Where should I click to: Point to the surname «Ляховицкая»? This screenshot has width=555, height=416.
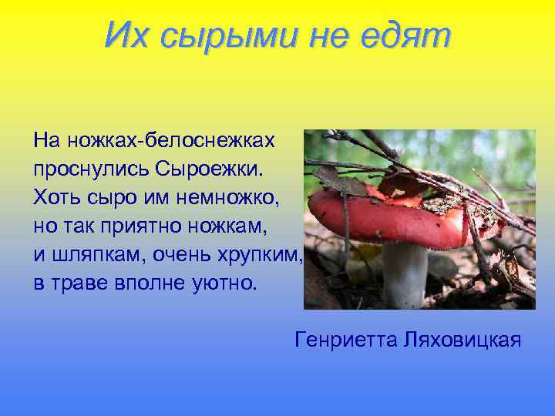462,340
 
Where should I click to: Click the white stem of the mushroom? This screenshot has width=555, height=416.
405,273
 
